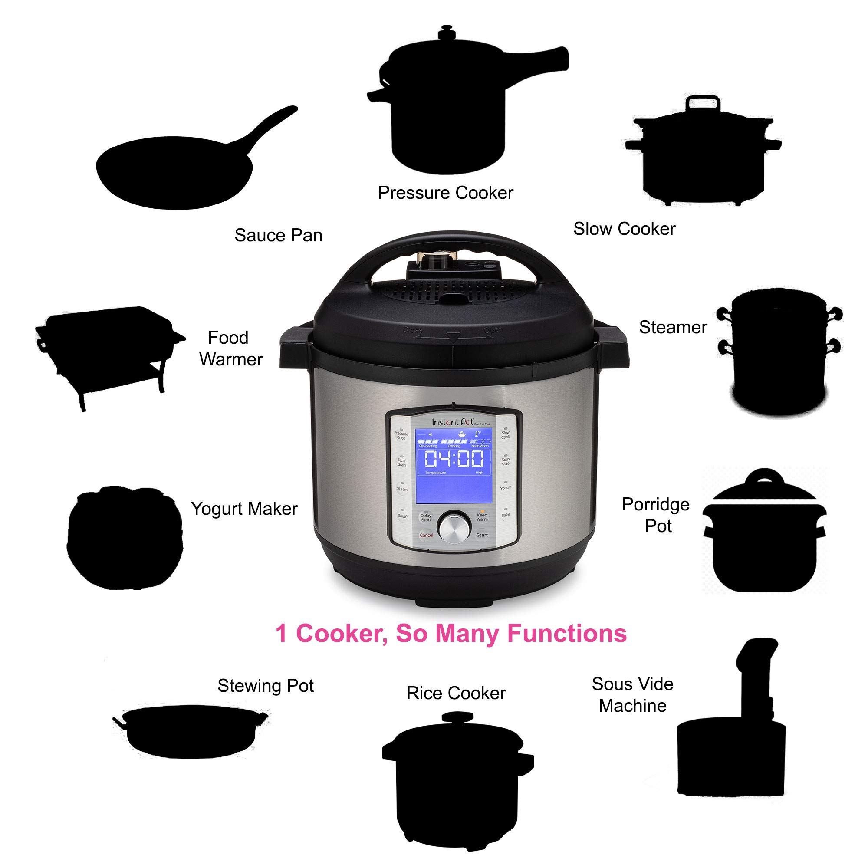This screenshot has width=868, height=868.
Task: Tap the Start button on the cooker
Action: [482, 535]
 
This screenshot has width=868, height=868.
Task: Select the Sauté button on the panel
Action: [402, 516]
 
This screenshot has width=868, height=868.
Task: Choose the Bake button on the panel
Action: [506, 515]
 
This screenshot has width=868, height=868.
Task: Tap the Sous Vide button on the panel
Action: [506, 461]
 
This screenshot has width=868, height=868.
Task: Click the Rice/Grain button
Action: [401, 463]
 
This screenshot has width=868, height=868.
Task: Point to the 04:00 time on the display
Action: [454, 459]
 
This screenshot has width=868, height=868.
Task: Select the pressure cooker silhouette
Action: [449, 112]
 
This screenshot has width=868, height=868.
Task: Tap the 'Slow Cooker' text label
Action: [624, 229]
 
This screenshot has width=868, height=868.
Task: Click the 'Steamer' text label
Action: [673, 328]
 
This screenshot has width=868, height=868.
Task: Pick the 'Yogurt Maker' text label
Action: [244, 509]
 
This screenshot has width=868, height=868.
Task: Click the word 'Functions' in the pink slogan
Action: [566, 634]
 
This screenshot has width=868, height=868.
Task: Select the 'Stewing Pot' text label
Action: [265, 686]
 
